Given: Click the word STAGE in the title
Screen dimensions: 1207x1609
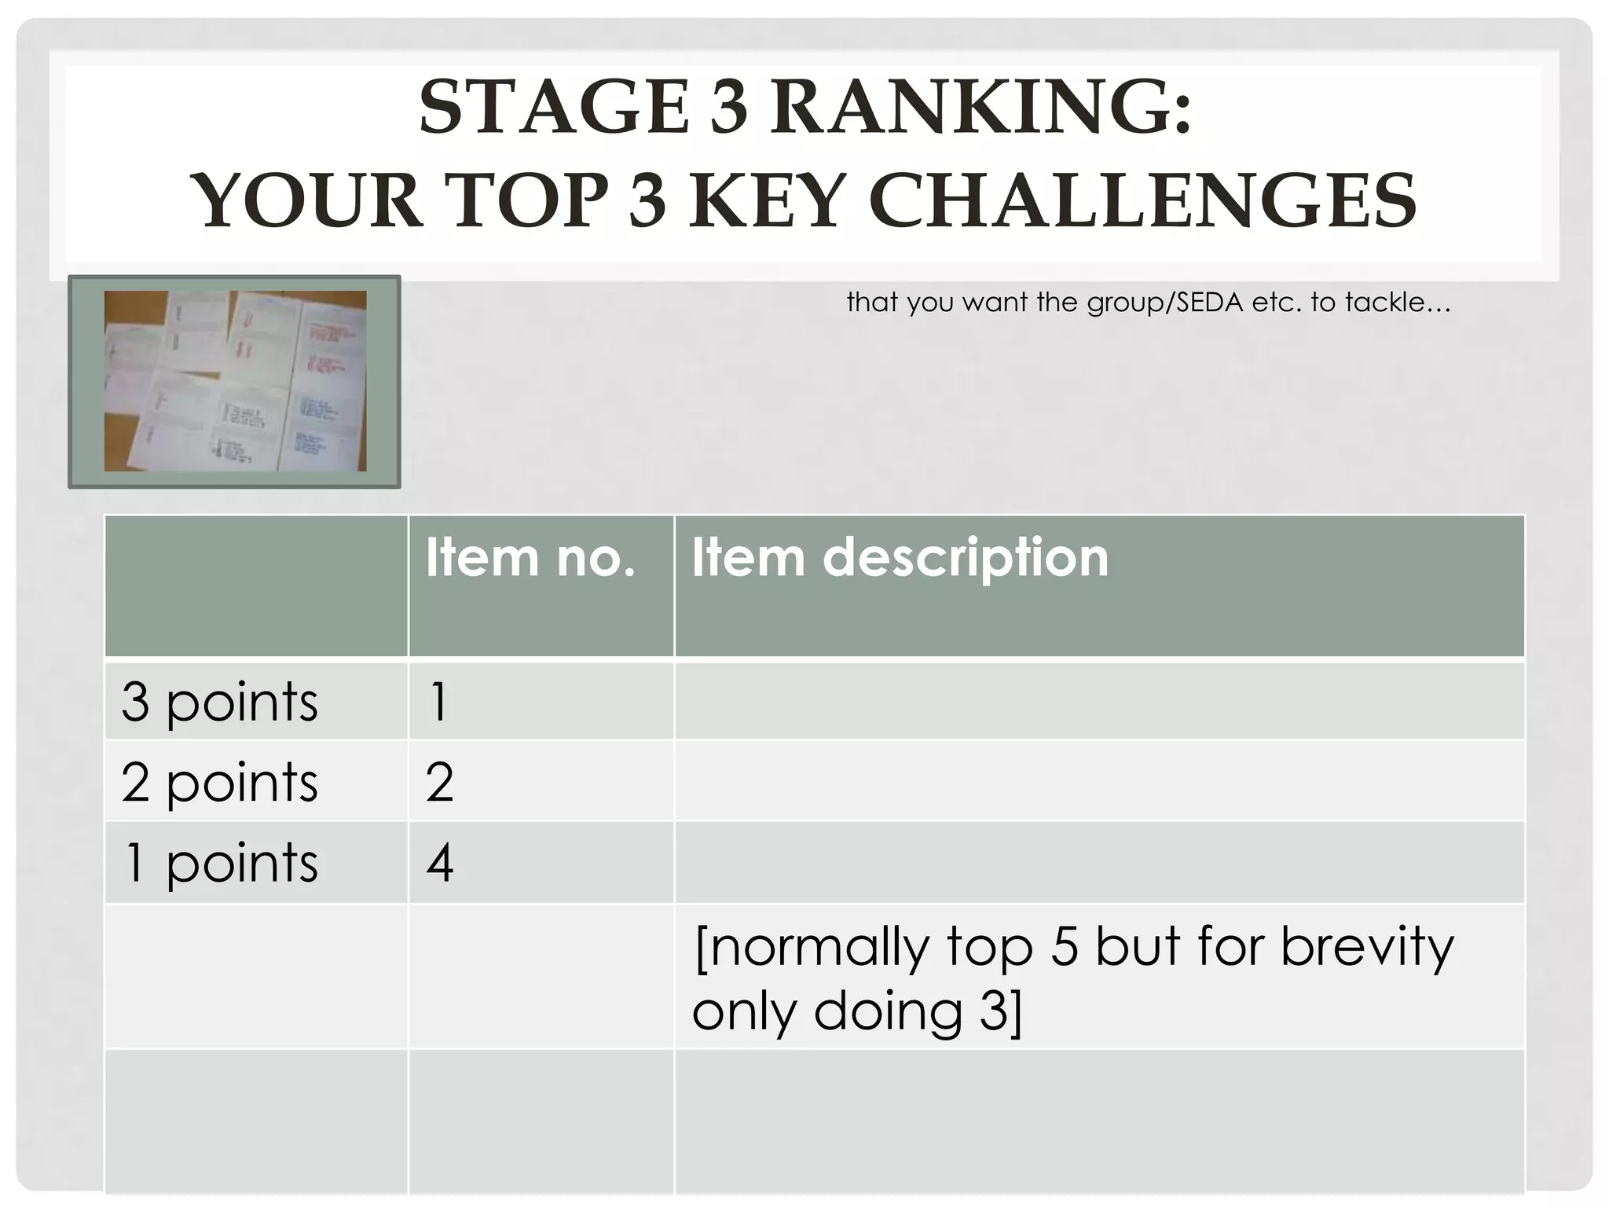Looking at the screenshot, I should point(553,108).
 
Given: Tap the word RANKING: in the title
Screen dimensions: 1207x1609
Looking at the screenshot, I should point(980,108).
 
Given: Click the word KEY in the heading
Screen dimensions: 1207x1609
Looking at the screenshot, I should point(767,200).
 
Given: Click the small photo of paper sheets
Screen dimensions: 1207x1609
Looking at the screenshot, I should point(235,381).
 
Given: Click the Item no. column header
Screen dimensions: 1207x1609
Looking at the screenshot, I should point(530,558).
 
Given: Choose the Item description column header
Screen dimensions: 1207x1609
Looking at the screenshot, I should point(900,558).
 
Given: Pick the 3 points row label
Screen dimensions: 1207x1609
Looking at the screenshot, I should point(220,702).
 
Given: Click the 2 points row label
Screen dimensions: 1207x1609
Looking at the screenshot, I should point(220,783).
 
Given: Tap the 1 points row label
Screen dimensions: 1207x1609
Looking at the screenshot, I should point(220,864).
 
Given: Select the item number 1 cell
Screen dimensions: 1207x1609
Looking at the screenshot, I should point(438,702).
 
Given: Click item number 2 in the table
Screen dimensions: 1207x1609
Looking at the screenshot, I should point(439,783).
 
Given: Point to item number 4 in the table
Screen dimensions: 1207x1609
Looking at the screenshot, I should point(439,864).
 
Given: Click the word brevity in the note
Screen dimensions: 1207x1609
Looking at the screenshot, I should point(1367,947).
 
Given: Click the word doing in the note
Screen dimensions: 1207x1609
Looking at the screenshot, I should point(888,1011).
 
